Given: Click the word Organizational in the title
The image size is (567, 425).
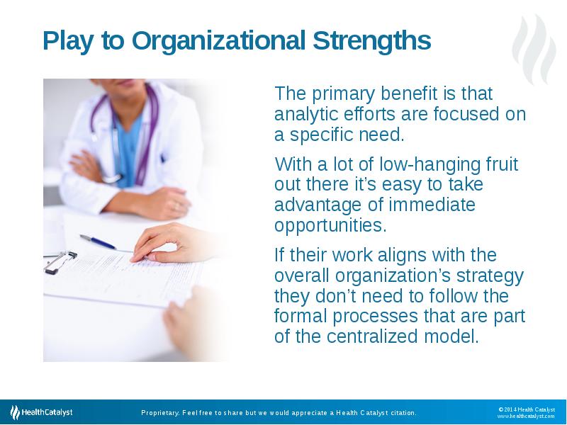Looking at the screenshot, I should [218, 41].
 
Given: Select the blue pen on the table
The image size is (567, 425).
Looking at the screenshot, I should [99, 242].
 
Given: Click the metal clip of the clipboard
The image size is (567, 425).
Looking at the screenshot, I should [60, 261].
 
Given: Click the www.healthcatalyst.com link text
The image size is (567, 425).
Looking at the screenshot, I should [525, 416].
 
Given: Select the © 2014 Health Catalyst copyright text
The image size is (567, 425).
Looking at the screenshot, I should [526, 409].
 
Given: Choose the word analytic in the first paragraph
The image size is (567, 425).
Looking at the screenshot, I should [301, 114].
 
